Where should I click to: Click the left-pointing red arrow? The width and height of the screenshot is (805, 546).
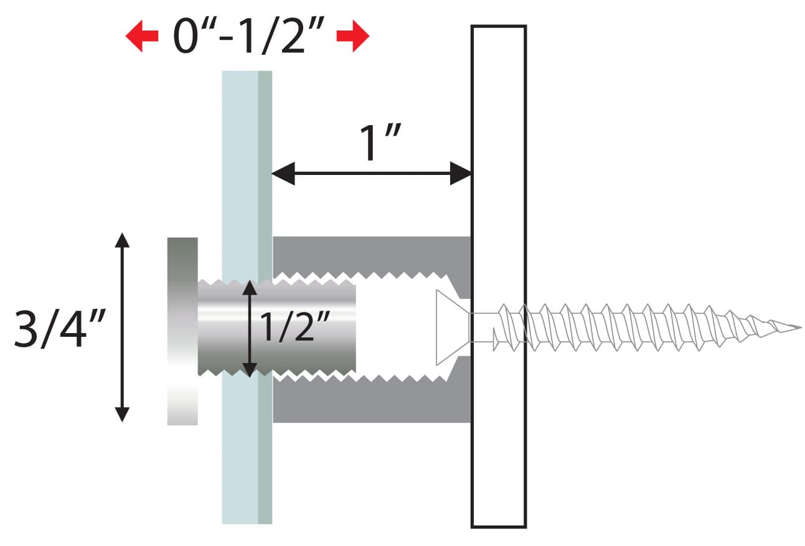[141, 36]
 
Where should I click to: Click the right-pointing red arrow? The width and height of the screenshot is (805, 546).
[353, 36]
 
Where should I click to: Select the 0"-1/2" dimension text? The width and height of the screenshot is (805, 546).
[248, 35]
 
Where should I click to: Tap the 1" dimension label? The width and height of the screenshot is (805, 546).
[380, 143]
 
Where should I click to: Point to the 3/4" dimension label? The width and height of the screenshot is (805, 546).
[60, 329]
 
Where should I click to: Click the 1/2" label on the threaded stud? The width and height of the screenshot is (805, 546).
[294, 327]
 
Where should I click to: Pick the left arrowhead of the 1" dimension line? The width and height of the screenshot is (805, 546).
[283, 174]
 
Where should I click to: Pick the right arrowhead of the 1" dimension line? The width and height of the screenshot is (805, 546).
[461, 174]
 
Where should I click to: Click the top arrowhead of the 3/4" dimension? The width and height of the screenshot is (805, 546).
[122, 240]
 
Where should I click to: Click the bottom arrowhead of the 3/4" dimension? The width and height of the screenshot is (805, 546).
[122, 414]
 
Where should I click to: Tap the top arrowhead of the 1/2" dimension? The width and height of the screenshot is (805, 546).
[250, 288]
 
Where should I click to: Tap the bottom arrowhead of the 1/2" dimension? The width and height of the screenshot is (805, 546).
[250, 370]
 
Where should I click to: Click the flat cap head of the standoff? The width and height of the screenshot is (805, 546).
[182, 331]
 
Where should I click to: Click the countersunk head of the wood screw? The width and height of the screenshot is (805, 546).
[452, 327]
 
